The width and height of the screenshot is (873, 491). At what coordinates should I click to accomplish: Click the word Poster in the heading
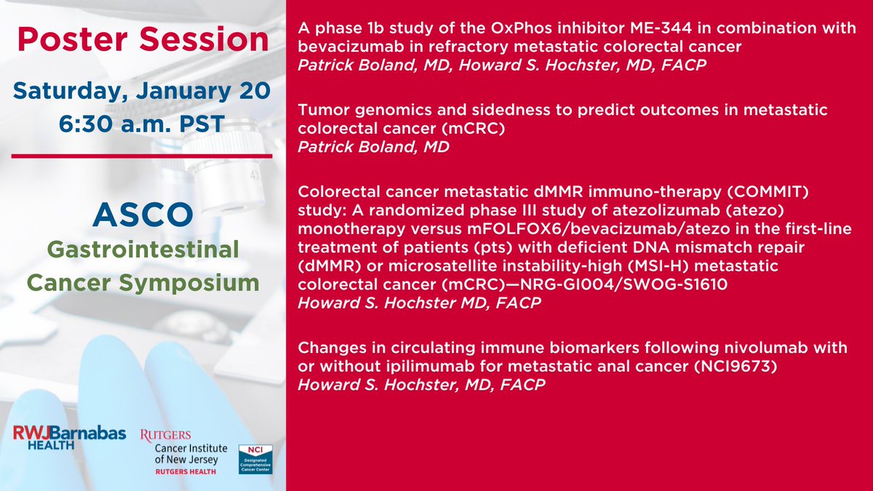pyautogui.click(x=73, y=39)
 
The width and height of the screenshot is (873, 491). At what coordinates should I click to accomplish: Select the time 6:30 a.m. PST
pyautogui.click(x=142, y=124)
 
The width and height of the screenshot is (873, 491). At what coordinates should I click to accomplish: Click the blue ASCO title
pyautogui.click(x=143, y=215)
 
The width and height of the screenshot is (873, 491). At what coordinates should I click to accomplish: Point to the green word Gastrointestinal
pyautogui.click(x=143, y=250)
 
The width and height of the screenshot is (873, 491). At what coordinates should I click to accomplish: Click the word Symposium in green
pyautogui.click(x=189, y=284)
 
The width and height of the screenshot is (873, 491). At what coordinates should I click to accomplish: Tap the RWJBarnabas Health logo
pyautogui.click(x=69, y=437)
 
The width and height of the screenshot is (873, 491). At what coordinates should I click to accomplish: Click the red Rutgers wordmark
pyautogui.click(x=166, y=436)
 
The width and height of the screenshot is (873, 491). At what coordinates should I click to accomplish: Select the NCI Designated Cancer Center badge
pyautogui.click(x=255, y=460)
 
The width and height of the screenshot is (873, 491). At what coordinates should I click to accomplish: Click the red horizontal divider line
pyautogui.click(x=142, y=156)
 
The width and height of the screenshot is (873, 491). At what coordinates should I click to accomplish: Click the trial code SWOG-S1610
pyautogui.click(x=676, y=284)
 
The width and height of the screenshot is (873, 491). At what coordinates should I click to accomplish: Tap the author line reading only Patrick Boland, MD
pyautogui.click(x=373, y=147)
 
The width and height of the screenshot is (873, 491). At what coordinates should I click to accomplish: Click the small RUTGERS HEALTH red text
pyautogui.click(x=186, y=472)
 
